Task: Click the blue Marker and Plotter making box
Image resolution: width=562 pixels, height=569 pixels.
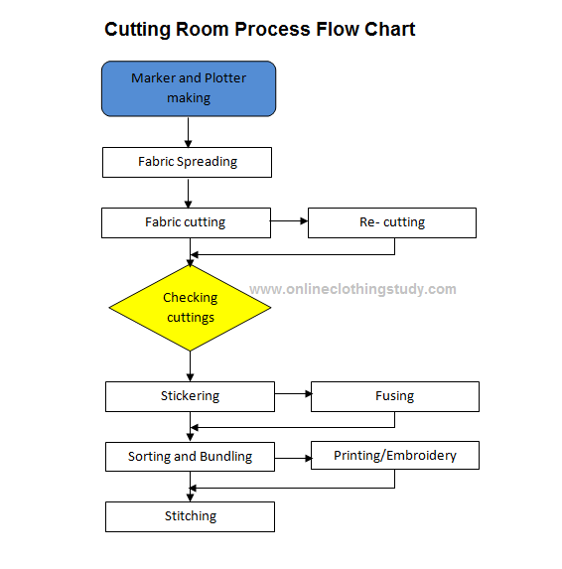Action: (x=189, y=89)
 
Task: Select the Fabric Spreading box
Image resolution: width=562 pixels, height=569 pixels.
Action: (x=187, y=162)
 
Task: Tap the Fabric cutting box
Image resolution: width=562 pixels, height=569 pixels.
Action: (x=186, y=222)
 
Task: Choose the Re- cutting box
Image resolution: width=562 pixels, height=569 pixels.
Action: (x=392, y=222)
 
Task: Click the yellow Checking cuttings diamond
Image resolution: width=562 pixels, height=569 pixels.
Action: (x=190, y=308)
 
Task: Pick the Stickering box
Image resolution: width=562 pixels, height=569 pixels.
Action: (x=190, y=396)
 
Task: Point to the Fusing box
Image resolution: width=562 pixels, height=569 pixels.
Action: (x=395, y=396)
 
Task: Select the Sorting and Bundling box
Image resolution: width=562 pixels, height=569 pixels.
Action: (x=190, y=457)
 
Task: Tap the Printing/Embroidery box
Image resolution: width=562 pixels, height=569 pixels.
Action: (x=395, y=455)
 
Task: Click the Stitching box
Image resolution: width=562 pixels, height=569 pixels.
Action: (x=190, y=516)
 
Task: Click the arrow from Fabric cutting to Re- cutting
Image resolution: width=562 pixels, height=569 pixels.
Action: (x=289, y=221)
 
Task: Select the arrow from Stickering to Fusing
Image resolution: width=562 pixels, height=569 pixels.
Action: (x=293, y=393)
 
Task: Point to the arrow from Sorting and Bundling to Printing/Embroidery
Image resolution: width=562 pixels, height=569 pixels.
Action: (x=293, y=459)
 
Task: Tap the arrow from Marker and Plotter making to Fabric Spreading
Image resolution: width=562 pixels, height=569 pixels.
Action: (x=188, y=132)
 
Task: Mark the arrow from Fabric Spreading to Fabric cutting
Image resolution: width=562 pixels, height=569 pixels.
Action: (x=188, y=193)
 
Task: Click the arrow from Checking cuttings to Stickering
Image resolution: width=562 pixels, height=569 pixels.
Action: (x=190, y=366)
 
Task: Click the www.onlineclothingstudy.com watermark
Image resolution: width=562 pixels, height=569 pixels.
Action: (x=352, y=290)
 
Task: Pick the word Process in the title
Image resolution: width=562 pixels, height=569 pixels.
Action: (x=272, y=30)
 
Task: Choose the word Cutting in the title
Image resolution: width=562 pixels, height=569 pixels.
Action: (x=137, y=30)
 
